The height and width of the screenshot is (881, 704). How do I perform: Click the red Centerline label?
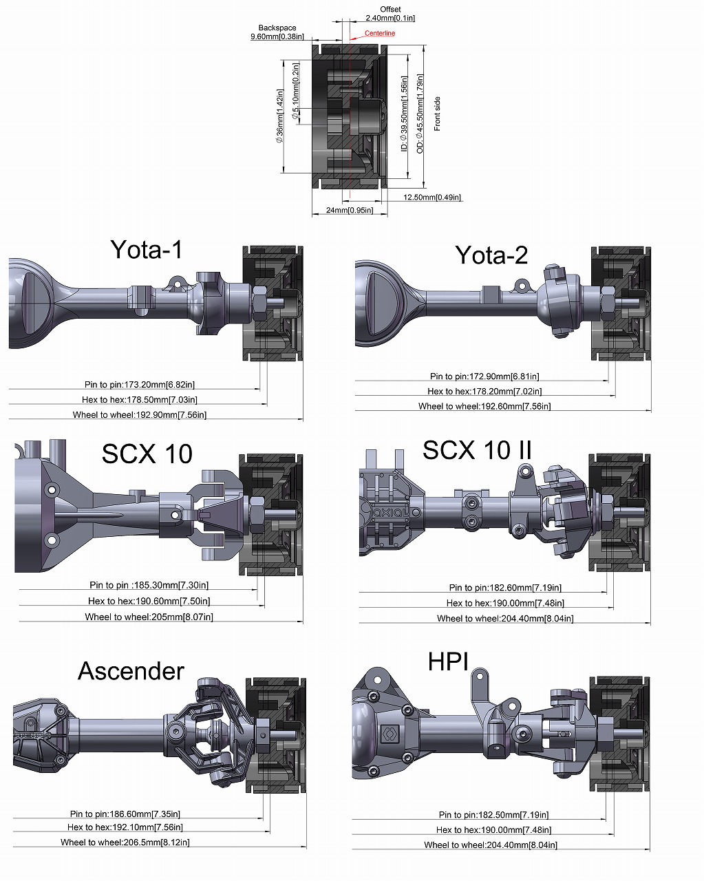point(380,33)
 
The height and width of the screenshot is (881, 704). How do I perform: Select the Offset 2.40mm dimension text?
point(390,14)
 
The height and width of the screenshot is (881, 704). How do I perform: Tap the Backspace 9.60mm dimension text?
point(277,32)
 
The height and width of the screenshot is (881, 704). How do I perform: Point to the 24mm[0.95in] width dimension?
point(350,211)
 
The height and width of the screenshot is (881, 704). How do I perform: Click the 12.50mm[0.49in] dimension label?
point(431,198)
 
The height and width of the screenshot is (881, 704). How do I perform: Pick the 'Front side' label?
point(437,114)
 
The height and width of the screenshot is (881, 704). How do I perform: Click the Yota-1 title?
point(146,249)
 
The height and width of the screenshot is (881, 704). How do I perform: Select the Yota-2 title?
point(491,255)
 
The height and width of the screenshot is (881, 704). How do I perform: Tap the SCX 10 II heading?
point(477,450)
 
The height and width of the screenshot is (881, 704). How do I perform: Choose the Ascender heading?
point(131,671)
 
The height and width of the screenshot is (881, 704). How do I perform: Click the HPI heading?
point(448,661)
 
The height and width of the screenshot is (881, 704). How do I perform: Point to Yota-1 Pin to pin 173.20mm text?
point(140,385)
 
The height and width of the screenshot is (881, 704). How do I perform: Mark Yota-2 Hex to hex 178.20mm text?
point(484,392)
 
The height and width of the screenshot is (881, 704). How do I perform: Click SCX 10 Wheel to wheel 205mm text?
point(149,617)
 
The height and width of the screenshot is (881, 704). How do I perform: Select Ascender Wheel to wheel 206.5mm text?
point(125,842)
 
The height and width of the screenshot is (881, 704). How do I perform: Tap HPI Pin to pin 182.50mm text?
point(493,815)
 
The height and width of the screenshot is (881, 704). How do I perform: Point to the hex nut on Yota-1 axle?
point(260,304)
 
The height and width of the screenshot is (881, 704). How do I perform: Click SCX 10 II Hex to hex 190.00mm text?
point(505,603)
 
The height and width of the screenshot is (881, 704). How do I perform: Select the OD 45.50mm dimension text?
point(420,114)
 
